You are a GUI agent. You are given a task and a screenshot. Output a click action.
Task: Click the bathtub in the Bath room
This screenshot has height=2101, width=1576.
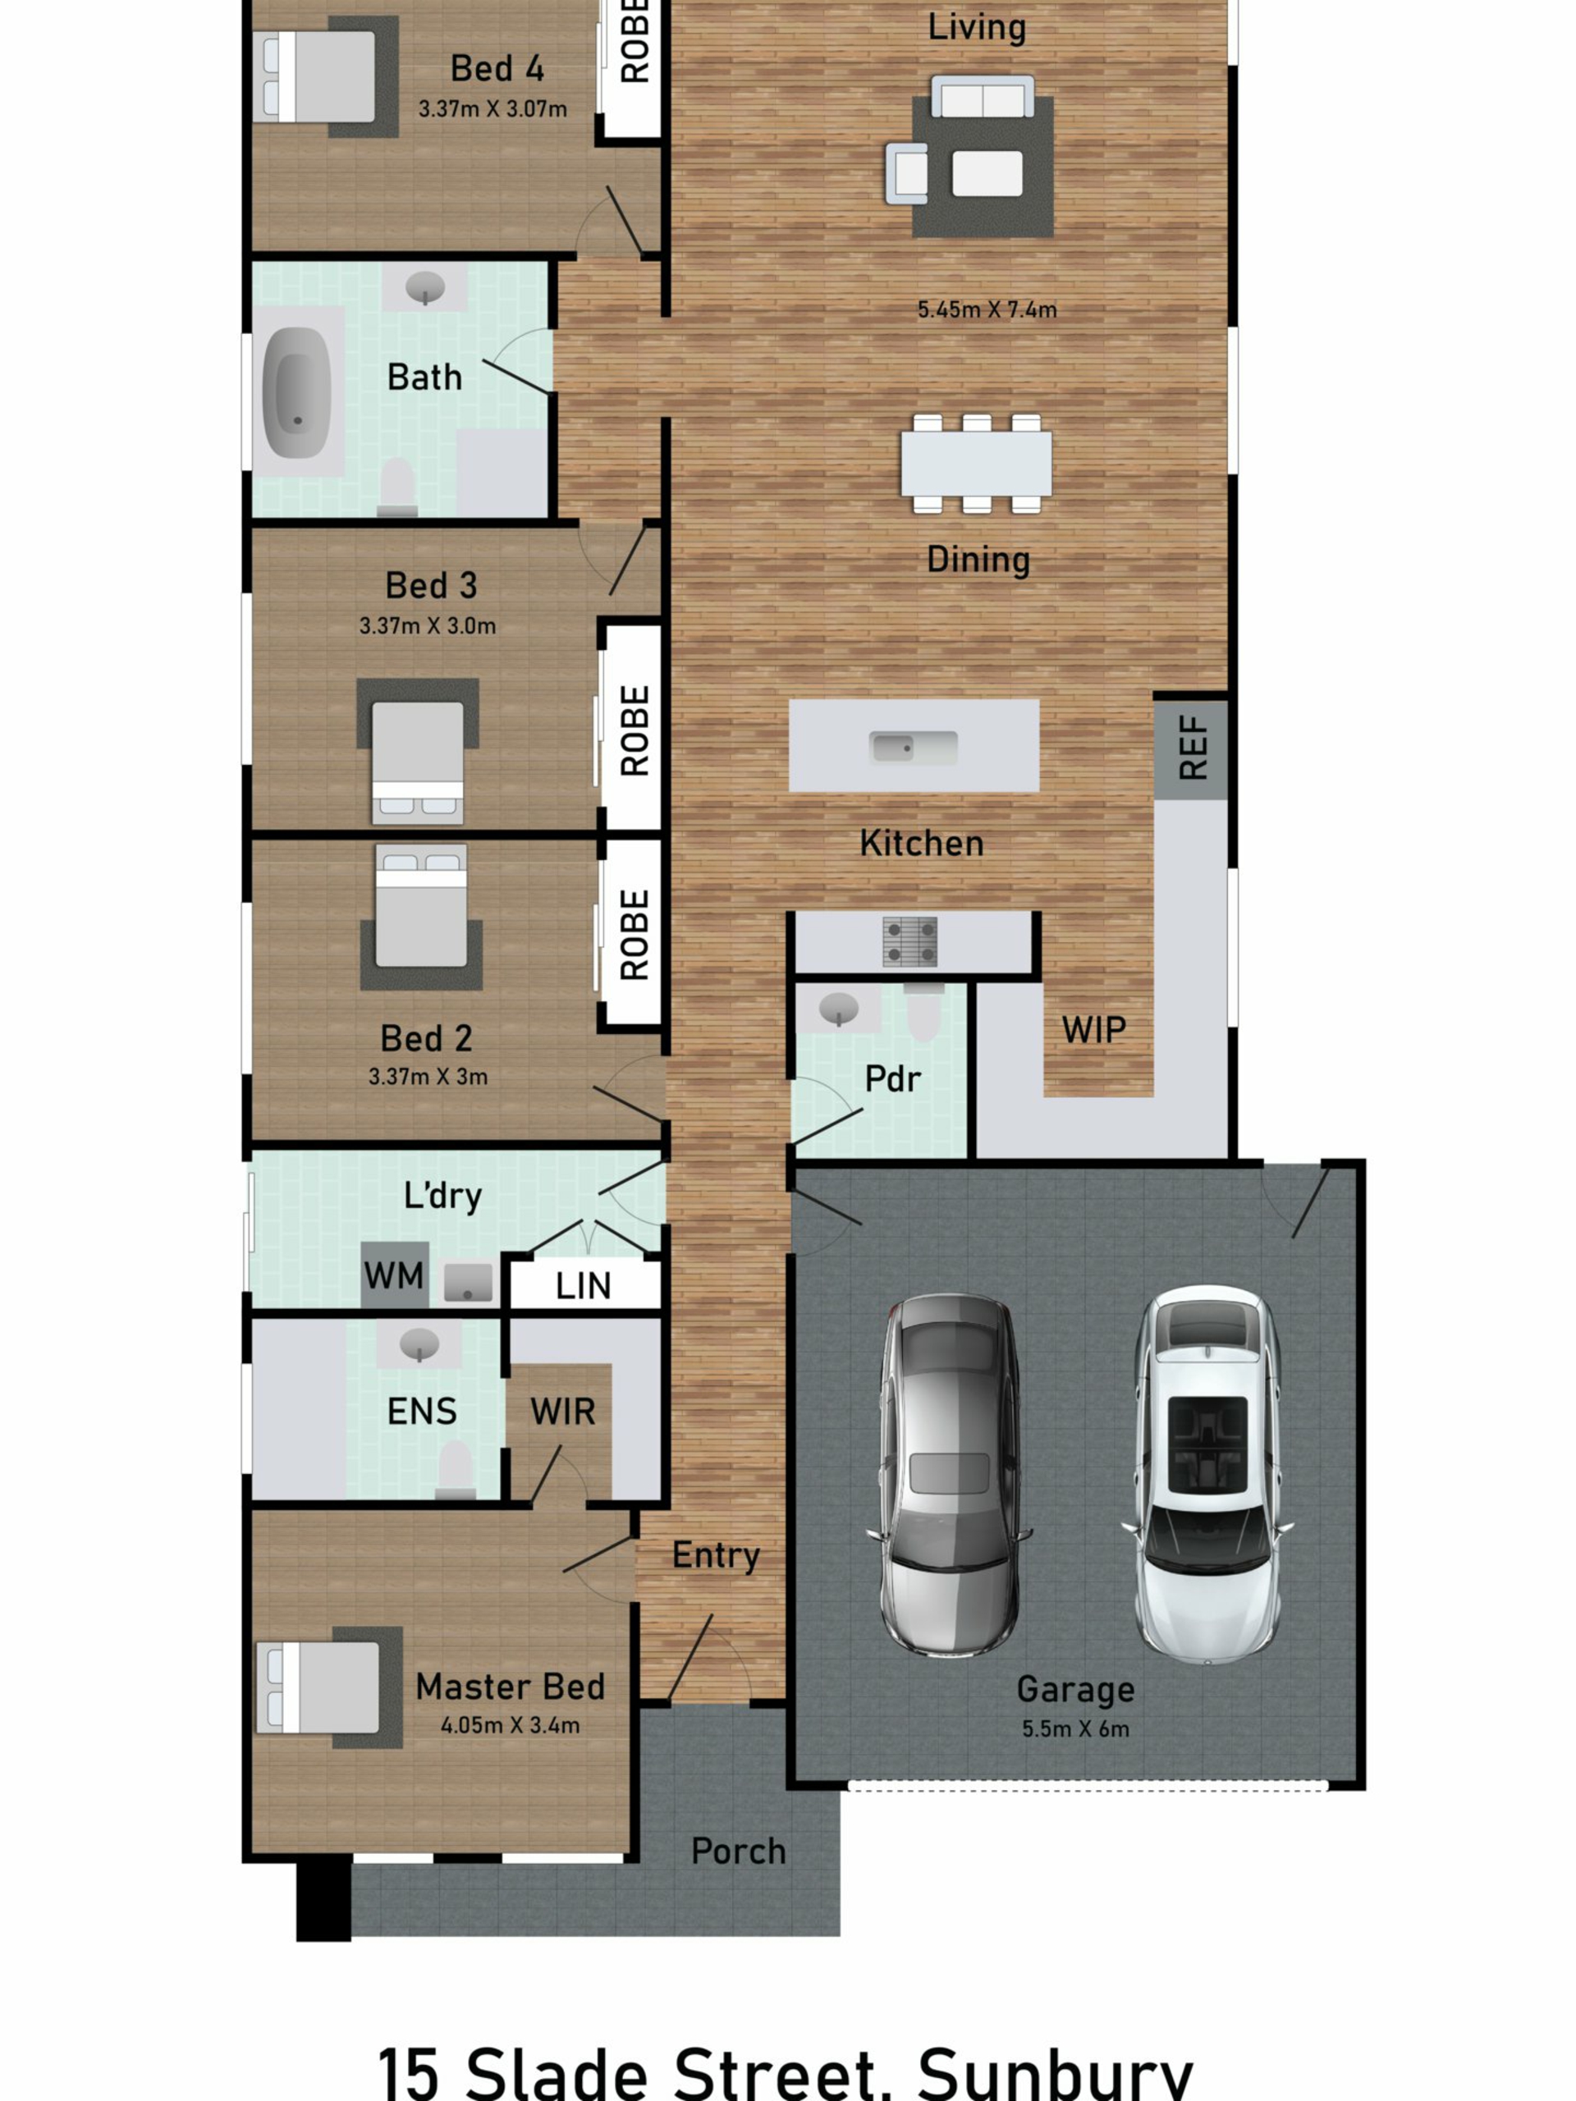click(x=296, y=392)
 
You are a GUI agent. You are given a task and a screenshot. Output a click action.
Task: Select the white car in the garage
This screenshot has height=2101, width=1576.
click(x=1207, y=1475)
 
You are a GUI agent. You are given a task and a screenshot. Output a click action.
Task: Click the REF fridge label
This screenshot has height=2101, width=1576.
click(x=1192, y=748)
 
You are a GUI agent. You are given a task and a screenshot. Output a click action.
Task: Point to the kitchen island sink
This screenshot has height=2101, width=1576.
click(x=913, y=748)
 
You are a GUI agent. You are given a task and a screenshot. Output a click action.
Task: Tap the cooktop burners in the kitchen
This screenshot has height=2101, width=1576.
click(x=910, y=941)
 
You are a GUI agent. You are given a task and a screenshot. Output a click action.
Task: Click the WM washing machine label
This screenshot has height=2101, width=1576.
click(x=393, y=1275)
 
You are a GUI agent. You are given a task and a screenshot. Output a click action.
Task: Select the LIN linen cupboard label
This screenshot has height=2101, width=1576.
click(x=582, y=1286)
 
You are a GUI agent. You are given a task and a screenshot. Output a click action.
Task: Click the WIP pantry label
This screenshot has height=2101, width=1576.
click(x=1093, y=1030)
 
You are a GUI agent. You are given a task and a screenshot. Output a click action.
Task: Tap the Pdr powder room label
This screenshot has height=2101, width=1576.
click(x=892, y=1079)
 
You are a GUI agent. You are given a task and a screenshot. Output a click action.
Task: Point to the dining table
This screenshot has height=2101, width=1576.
click(x=977, y=464)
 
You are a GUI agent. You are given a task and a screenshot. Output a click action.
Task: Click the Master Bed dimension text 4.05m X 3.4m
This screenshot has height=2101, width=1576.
click(x=510, y=1725)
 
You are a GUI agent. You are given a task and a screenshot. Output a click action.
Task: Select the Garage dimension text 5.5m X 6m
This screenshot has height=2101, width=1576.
click(x=1075, y=1728)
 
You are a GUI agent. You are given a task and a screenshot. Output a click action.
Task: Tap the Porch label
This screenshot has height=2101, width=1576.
click(x=738, y=1852)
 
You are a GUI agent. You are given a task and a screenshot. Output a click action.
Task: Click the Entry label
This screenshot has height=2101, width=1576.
click(x=717, y=1556)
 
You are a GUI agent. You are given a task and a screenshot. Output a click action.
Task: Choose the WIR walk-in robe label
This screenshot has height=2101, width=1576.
click(x=562, y=1412)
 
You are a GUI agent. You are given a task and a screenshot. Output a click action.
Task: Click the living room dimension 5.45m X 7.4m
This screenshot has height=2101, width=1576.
click(x=987, y=309)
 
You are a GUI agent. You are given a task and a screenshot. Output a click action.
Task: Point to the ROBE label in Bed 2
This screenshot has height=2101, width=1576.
click(x=634, y=935)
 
